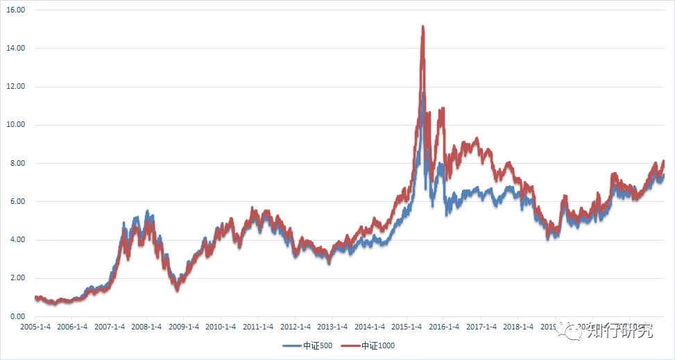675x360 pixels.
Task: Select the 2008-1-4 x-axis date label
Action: coord(146,327)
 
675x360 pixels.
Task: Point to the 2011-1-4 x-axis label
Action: coord(258,327)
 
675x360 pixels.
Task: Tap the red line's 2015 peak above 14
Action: coord(422,27)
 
